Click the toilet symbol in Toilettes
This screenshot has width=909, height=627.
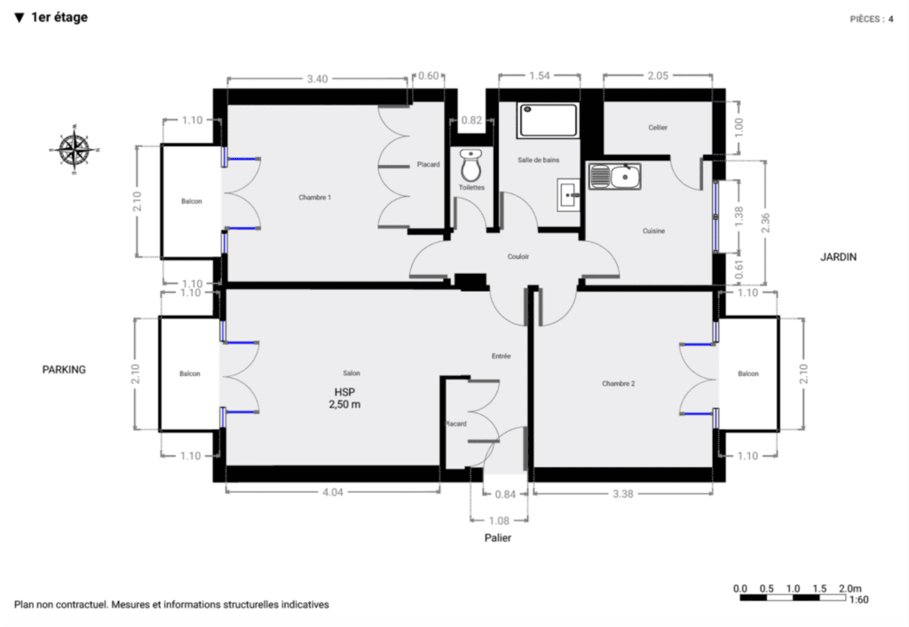pyautogui.click(x=470, y=165)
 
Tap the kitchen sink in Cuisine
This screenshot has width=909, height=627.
pyautogui.click(x=614, y=176)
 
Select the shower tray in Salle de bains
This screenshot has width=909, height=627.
pyautogui.click(x=549, y=121)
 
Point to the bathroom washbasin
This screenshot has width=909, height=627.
pyautogui.click(x=569, y=195)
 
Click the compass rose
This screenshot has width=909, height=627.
pyautogui.click(x=75, y=149)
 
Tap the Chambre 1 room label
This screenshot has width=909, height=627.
pyautogui.click(x=315, y=198)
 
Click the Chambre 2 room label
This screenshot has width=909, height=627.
pyautogui.click(x=618, y=383)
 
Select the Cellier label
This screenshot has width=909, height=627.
pyautogui.click(x=658, y=128)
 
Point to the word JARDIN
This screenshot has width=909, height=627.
pyautogui.click(x=838, y=257)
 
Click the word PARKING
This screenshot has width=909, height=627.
pyautogui.click(x=64, y=369)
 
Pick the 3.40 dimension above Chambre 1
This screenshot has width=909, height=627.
pyautogui.click(x=317, y=79)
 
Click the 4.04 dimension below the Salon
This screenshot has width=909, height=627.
pyautogui.click(x=333, y=492)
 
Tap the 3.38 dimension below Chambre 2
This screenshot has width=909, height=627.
pyautogui.click(x=622, y=494)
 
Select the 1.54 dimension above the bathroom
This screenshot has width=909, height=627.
pyautogui.click(x=539, y=75)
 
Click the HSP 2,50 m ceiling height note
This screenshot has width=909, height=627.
pyautogui.click(x=344, y=398)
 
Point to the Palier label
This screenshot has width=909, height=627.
pyautogui.click(x=498, y=537)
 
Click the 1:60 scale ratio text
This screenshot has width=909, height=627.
pyautogui.click(x=858, y=600)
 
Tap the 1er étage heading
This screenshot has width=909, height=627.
pyautogui.click(x=59, y=18)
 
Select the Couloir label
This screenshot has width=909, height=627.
pyautogui.click(x=518, y=256)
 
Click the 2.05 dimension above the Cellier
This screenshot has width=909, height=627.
pyautogui.click(x=658, y=75)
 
